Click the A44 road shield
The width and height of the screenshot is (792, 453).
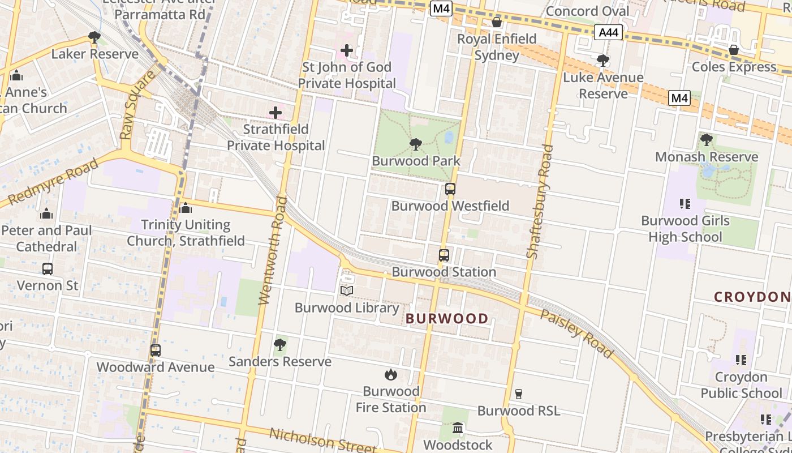(608, 33)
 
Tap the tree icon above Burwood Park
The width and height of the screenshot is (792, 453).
(415, 144)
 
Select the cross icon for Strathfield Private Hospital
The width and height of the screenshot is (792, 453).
(276, 113)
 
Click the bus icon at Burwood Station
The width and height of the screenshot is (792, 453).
(444, 255)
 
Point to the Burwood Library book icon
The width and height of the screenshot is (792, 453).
(347, 291)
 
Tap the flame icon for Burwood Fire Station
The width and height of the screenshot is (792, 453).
(390, 374)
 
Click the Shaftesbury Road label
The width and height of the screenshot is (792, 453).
(540, 202)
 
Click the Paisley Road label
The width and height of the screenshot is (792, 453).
(576, 334)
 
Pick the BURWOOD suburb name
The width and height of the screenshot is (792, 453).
(447, 319)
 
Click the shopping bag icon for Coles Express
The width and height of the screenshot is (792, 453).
(734, 50)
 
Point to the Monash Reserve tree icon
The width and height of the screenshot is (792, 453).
(706, 140)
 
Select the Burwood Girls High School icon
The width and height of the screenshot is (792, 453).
(685, 204)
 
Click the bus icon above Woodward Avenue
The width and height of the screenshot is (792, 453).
(156, 351)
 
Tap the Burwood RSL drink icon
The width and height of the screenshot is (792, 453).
(518, 394)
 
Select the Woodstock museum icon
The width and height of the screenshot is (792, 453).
(458, 428)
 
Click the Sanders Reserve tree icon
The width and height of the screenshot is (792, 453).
(279, 344)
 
